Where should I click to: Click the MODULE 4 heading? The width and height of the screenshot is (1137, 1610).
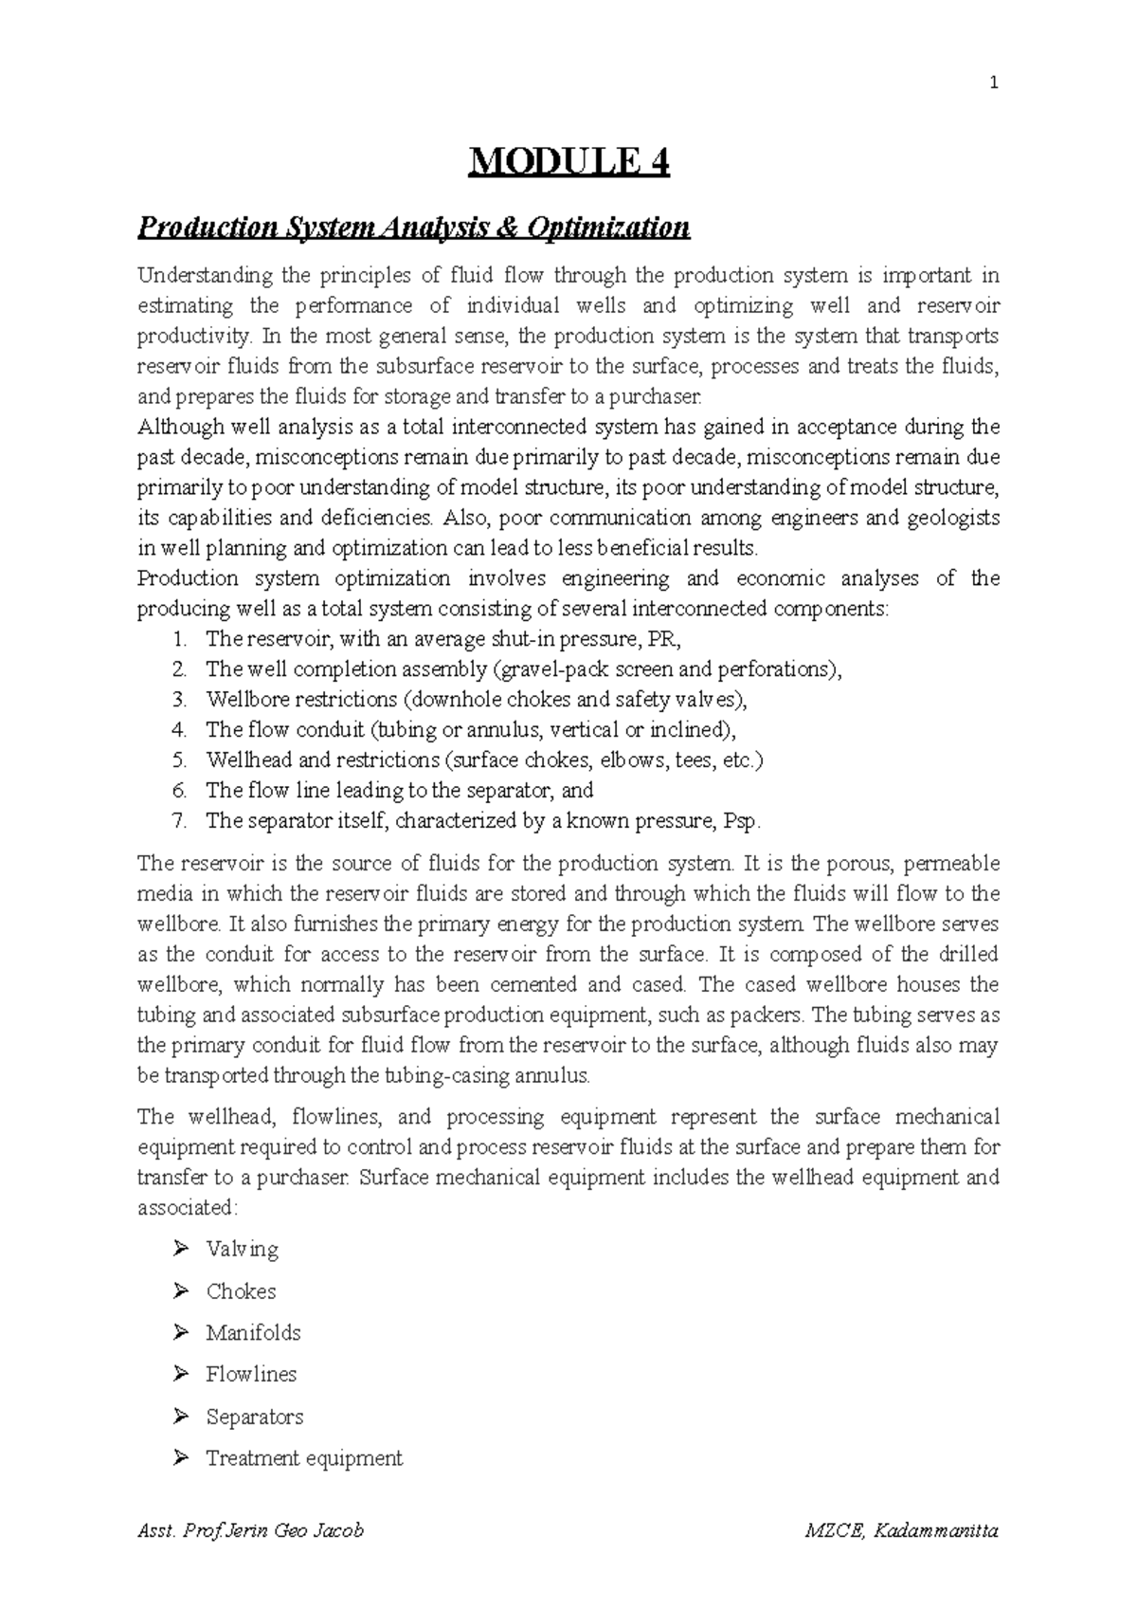pos(568,163)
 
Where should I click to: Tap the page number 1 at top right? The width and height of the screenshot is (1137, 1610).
pos(993,83)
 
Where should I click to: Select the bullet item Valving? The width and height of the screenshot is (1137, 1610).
pos(242,1249)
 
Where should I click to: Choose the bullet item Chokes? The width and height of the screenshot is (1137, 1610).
pos(241,1291)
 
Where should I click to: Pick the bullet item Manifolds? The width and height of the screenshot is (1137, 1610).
pos(253,1333)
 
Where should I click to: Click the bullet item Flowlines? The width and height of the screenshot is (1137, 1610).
pos(251,1375)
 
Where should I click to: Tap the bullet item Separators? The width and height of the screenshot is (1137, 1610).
pos(254,1417)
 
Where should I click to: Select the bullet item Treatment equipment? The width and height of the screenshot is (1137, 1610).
pos(303,1458)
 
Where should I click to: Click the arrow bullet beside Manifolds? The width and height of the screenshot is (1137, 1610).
pos(181,1332)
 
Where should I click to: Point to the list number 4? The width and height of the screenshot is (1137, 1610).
pos(179,730)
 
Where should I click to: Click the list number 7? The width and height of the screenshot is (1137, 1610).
pos(179,821)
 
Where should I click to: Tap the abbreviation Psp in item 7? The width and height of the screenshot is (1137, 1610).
pos(741,821)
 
